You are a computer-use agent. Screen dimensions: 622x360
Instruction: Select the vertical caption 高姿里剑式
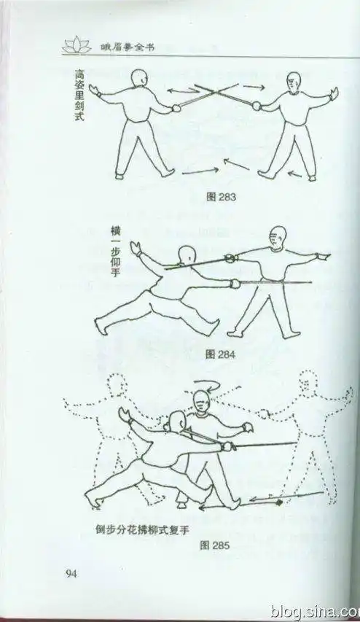pyautogui.click(x=79, y=95)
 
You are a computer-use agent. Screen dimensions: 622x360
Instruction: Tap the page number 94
pyautogui.click(x=71, y=573)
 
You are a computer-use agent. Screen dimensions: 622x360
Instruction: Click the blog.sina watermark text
pyautogui.click(x=313, y=610)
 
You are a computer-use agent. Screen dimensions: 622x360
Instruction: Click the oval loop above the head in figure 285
pyautogui.click(x=200, y=384)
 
